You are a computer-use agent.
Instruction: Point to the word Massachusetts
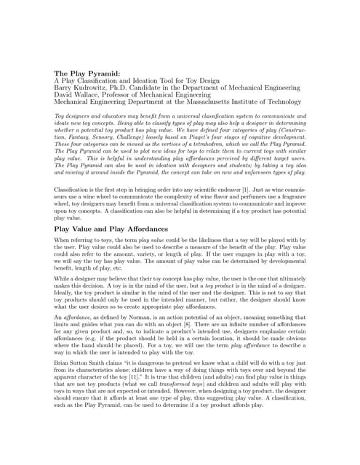click(220, 102)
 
